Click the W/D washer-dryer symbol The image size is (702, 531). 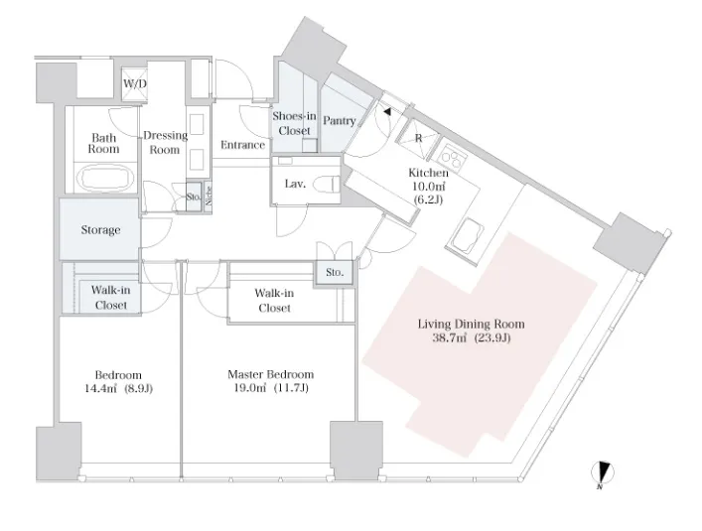point(135,83)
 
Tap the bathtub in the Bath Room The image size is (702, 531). point(105,178)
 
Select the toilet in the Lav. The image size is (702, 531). point(327,185)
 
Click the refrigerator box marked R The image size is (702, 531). point(418,139)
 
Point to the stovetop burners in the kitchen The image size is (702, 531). point(452,157)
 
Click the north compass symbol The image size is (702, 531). point(602,472)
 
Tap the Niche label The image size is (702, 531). point(209,196)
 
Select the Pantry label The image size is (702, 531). point(340,121)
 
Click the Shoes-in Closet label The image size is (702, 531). point(294,123)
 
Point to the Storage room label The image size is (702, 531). point(100,230)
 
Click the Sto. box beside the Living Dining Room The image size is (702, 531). point(335,272)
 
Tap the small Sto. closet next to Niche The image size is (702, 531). point(194,197)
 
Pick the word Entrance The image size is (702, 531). point(242,145)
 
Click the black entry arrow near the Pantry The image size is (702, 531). point(387,112)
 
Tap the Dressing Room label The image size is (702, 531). point(165,142)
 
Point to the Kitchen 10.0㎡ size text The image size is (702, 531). point(429,186)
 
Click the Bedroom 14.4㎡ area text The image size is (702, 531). point(100,388)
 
